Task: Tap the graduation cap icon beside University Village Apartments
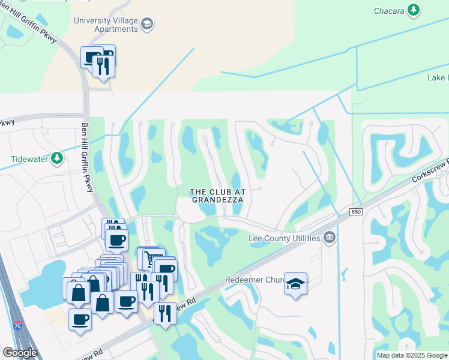pyautogui.click(x=147, y=24)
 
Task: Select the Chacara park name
pyautogui.click(x=390, y=10)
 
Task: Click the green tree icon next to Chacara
pyautogui.click(x=413, y=10)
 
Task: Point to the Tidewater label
pyautogui.click(x=31, y=159)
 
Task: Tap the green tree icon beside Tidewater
pyautogui.click(x=57, y=158)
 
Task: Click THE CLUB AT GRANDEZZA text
pyautogui.click(x=217, y=196)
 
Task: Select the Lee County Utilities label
pyautogui.click(x=284, y=238)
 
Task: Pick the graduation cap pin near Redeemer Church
pyautogui.click(x=295, y=284)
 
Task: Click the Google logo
pyautogui.click(x=19, y=353)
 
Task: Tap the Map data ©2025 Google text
pyautogui.click(x=412, y=355)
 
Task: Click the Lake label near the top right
pyautogui.click(x=436, y=78)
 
